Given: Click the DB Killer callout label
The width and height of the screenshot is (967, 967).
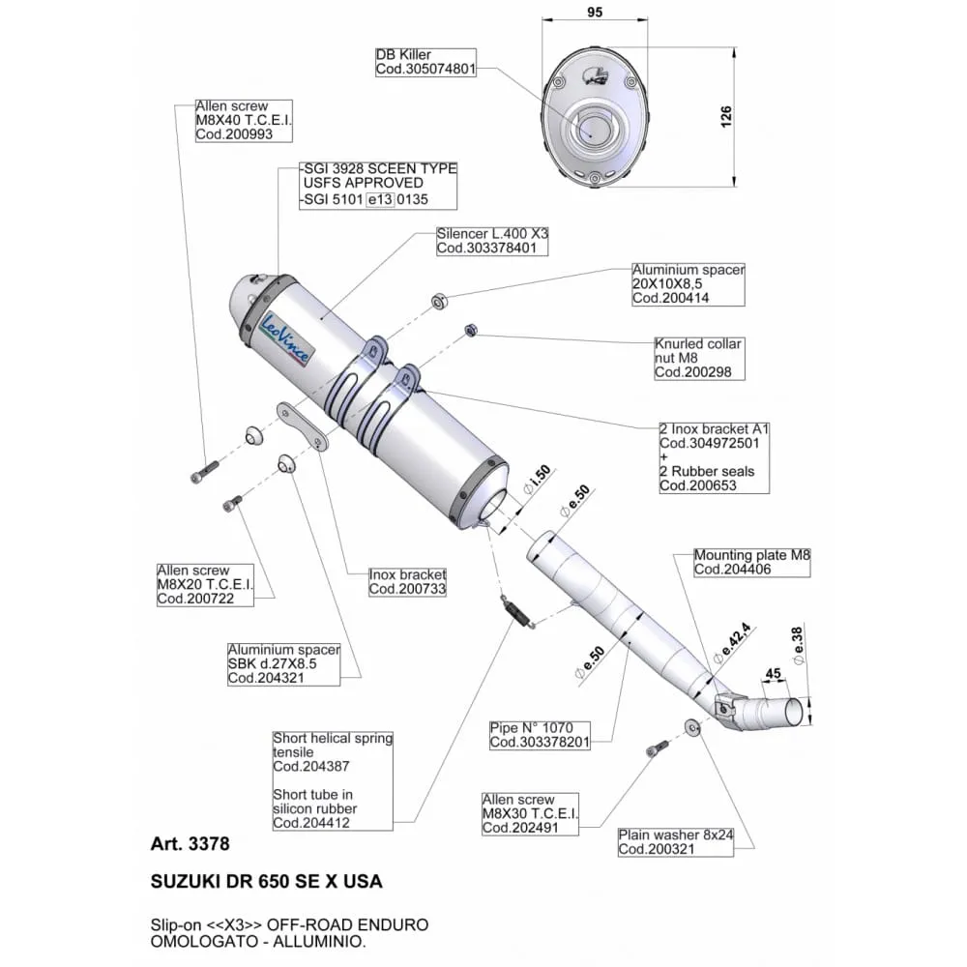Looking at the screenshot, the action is tap(425, 62).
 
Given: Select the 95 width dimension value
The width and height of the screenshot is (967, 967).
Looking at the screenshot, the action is tap(595, 12).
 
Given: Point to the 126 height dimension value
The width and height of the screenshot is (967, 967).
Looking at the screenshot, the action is tap(726, 117).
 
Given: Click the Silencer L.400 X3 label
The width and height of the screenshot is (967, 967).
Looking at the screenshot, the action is tap(492, 241).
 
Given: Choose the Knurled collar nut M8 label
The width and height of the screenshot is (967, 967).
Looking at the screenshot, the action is tap(699, 359).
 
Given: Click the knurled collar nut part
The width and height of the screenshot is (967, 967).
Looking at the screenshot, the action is tap(469, 330).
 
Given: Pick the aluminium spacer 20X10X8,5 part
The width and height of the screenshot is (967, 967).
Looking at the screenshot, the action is tap(439, 302).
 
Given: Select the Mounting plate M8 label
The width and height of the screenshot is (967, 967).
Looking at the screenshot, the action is tap(751, 563).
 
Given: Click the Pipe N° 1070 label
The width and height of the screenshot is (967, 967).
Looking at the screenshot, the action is tap(540, 735).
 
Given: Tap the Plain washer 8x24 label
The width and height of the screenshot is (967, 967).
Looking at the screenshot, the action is tap(676, 842).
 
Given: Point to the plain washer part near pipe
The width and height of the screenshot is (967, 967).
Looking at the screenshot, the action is tap(692, 728).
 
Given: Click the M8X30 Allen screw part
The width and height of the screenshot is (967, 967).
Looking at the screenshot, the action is tap(657, 748).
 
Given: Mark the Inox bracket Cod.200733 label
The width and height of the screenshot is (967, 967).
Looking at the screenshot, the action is tap(407, 582).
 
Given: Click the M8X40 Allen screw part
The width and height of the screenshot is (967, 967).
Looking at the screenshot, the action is tap(204, 472).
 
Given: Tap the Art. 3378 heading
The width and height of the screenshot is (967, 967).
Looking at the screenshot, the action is tap(190, 843).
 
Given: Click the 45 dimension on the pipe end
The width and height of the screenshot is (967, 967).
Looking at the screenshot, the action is tap(773, 673).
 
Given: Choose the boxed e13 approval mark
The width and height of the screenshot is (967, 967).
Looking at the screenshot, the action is tap(380, 199).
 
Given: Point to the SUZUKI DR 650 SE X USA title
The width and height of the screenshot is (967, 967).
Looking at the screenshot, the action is tap(267, 881).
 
